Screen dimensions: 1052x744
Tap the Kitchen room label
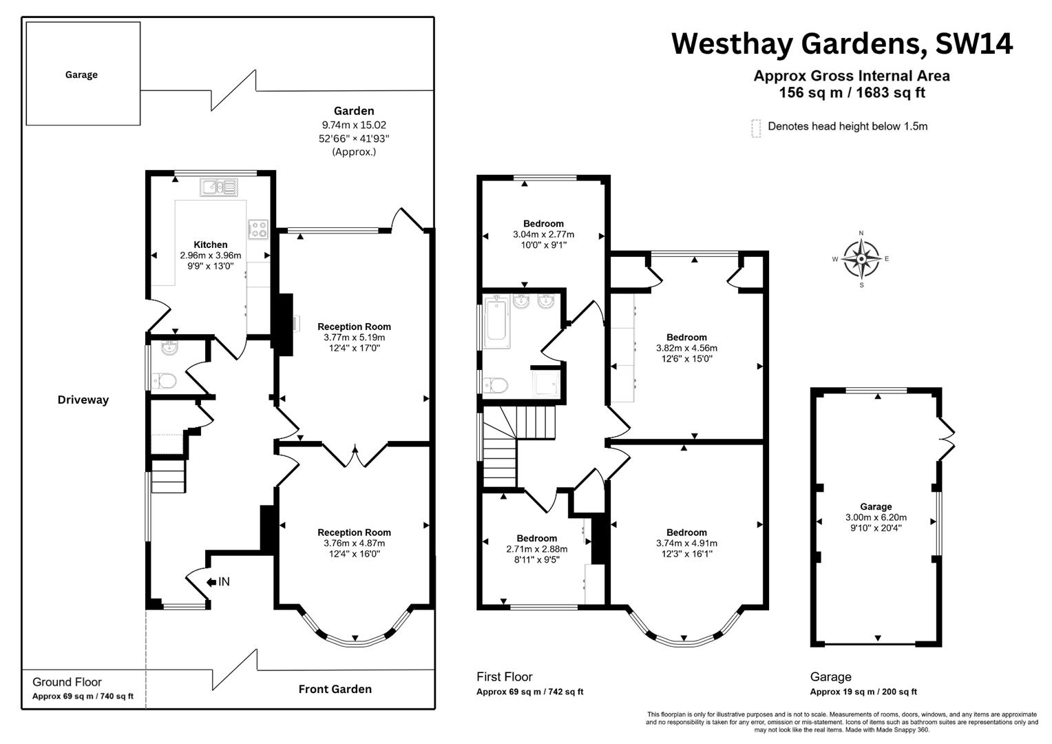[211, 245]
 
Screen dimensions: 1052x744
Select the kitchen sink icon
[218, 187]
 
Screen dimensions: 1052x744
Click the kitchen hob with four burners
[258, 229]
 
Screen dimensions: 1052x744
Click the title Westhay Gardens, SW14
[842, 44]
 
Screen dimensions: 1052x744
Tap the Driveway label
[83, 400]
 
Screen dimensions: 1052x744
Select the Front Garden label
[335, 689]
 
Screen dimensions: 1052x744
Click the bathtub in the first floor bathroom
[496, 322]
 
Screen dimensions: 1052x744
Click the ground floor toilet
[163, 381]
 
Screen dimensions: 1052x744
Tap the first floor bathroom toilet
[496, 385]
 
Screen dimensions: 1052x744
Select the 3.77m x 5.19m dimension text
[354, 338]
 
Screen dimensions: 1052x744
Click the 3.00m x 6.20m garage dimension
[876, 517]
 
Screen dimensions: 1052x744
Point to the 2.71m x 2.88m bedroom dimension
[537, 549]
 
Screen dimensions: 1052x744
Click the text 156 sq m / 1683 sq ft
[852, 92]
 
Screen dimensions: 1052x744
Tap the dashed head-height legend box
[756, 128]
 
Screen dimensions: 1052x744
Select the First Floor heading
[505, 676]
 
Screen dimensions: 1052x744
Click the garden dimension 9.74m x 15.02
[354, 125]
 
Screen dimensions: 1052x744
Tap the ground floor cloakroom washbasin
[169, 347]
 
